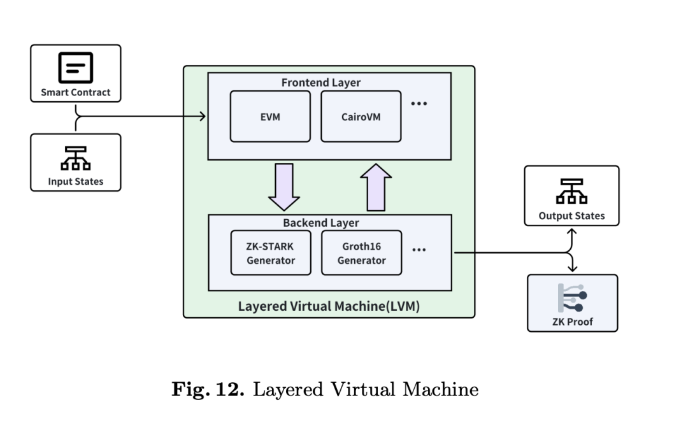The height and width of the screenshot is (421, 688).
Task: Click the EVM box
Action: click(270, 117)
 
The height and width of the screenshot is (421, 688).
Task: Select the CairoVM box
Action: click(361, 117)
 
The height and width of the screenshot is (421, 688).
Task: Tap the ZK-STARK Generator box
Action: click(270, 253)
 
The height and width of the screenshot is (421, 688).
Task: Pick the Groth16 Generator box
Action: click(361, 253)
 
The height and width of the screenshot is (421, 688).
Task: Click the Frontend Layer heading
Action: click(330, 83)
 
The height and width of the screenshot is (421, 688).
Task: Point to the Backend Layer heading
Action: click(330, 224)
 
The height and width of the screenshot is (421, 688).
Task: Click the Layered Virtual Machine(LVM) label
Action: click(329, 306)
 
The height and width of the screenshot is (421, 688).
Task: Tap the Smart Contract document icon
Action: click(75, 67)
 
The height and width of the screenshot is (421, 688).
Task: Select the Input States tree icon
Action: click(75, 158)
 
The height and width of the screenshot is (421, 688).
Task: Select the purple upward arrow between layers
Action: click(376, 186)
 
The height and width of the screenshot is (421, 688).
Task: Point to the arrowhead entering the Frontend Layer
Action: click(203, 116)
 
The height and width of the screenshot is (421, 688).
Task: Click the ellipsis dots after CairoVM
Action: click(419, 104)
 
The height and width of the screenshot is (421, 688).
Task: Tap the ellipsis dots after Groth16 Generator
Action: click(419, 250)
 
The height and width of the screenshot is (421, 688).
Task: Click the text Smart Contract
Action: click(75, 92)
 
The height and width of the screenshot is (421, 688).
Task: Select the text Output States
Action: click(571, 216)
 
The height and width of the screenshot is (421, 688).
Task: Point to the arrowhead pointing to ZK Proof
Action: click(571, 268)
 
